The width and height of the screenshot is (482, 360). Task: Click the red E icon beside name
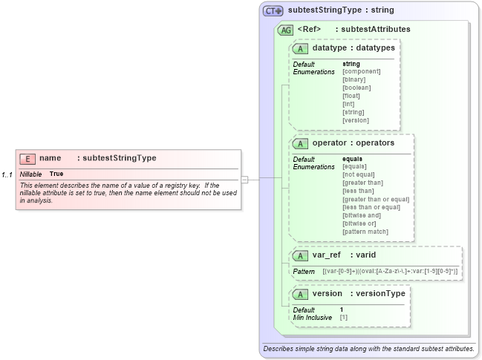[x=27, y=158]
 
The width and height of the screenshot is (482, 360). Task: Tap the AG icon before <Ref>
[x=284, y=30]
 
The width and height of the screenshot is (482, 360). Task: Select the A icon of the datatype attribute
[x=301, y=48]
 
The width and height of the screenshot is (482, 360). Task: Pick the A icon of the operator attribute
[x=301, y=143]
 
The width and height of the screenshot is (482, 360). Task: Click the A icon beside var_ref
[x=301, y=255]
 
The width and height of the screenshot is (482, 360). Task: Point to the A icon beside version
[x=301, y=293]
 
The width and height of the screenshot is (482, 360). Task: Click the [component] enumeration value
[x=361, y=71]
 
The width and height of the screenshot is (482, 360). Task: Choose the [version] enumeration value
[x=355, y=120]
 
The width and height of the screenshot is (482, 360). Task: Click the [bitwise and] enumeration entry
[x=362, y=215]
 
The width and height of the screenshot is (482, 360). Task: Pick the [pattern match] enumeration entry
[x=365, y=232]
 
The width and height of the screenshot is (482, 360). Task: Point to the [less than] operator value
[x=359, y=191]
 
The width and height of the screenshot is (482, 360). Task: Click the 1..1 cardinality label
[x=7, y=174]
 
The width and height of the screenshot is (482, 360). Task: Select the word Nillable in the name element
[x=30, y=174]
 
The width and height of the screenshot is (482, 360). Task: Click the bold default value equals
[x=352, y=159]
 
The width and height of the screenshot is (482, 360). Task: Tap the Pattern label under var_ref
[x=304, y=272]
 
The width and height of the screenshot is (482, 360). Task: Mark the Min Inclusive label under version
[x=312, y=317]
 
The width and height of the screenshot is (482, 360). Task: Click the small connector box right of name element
[x=244, y=179]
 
